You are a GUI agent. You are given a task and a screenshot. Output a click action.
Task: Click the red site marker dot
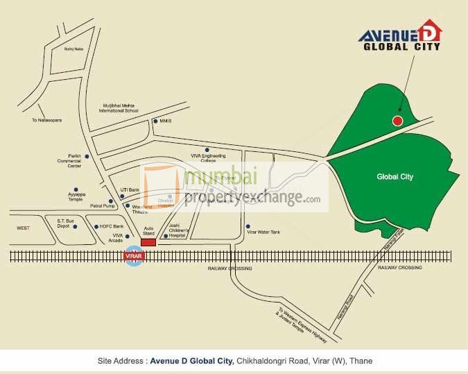click(397, 121)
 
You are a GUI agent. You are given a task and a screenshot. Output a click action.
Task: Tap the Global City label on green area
click(395, 177)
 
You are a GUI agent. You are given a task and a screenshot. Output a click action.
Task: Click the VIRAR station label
click(132, 256)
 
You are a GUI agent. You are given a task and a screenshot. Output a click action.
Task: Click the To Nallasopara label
click(46, 120)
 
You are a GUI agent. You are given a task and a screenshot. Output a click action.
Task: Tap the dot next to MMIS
click(155, 121)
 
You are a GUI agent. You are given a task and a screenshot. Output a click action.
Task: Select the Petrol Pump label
click(101, 206)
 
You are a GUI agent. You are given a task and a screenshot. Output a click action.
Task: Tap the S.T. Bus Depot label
click(68, 223)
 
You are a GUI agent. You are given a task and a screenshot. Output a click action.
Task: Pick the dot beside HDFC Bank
click(95, 226)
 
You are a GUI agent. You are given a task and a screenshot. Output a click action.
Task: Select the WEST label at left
click(24, 228)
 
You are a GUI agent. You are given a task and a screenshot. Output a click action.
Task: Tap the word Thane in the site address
click(361, 361)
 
